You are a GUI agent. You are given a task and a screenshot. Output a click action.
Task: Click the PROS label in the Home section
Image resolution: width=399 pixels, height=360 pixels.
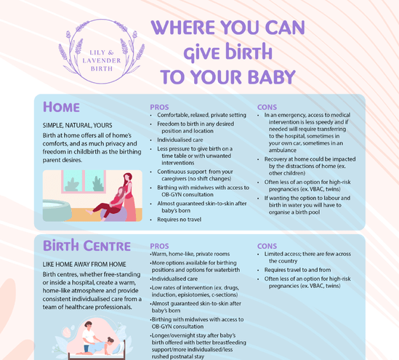pos(159,107)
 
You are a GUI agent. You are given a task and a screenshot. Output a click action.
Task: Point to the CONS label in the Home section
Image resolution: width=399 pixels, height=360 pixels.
pos(267,107)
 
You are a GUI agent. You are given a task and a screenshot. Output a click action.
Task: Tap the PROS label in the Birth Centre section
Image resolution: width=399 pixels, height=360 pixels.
pos(161,247)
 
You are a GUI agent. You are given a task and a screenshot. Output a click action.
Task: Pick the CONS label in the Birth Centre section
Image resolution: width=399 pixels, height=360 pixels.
pos(267,247)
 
